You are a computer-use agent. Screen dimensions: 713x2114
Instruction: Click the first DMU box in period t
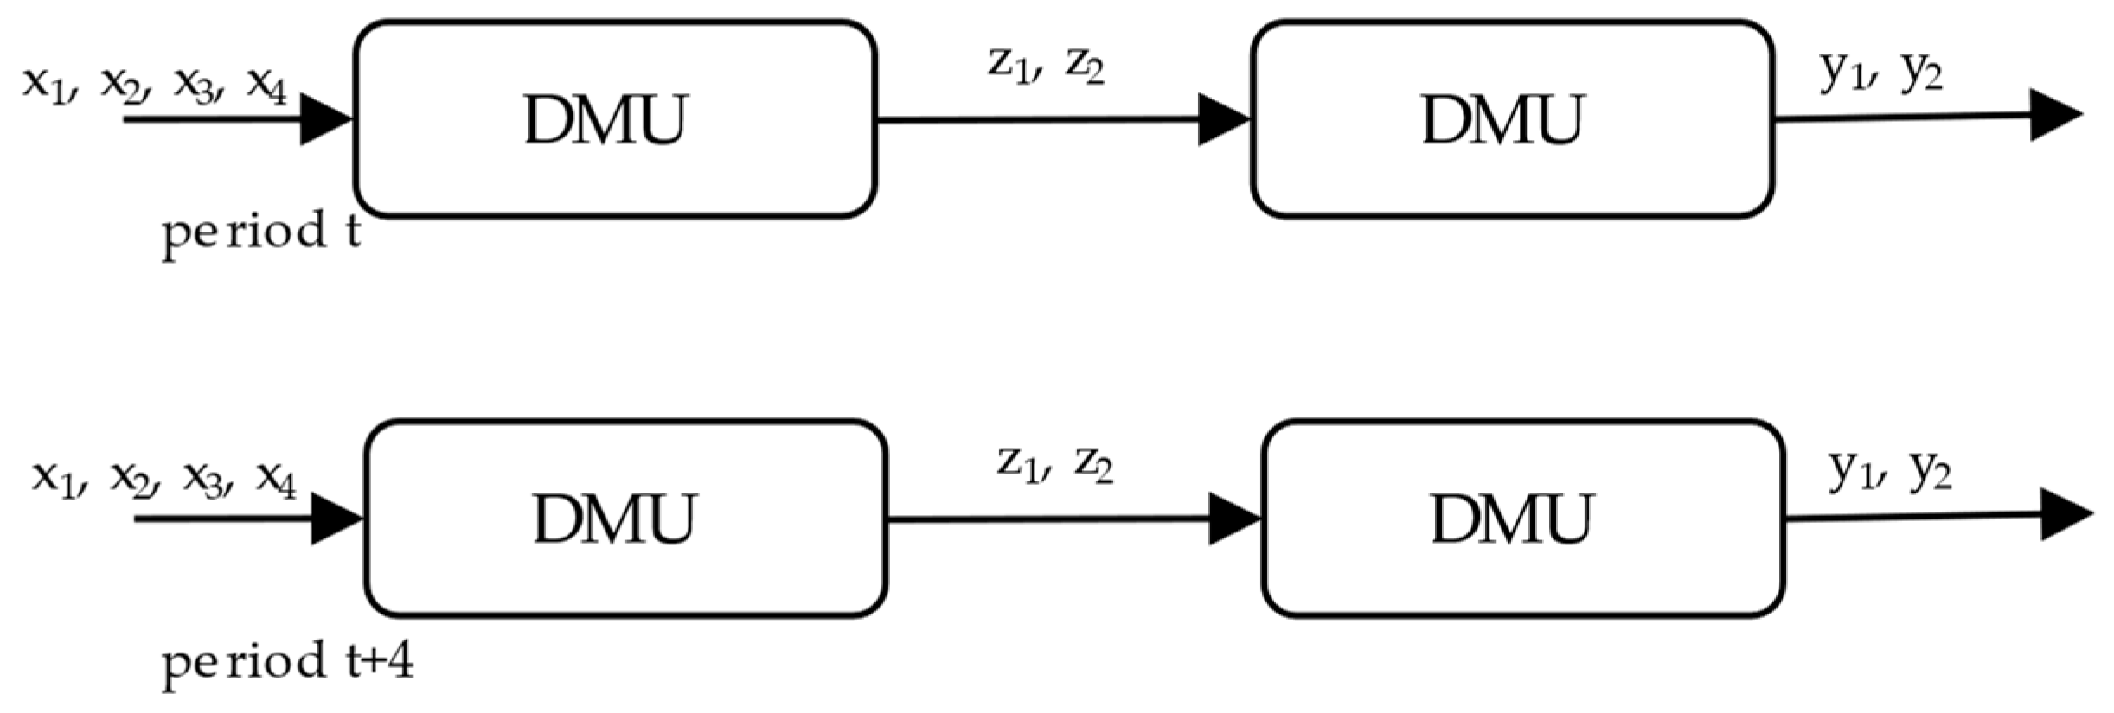[x=615, y=119]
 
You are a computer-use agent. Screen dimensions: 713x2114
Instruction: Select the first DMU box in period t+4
[x=625, y=519]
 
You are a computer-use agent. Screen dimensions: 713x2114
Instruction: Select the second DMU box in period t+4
[x=1522, y=519]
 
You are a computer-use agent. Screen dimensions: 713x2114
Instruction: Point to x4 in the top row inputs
[x=266, y=85]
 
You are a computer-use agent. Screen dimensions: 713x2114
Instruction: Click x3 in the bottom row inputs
[x=202, y=479]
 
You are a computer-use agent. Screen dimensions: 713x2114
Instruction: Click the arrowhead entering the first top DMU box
[x=327, y=119]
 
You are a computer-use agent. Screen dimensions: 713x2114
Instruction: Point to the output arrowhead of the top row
[x=2053, y=115]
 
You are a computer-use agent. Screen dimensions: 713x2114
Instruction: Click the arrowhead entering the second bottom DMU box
[x=1234, y=519]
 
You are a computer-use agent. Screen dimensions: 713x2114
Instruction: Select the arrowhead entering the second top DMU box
[x=1224, y=119]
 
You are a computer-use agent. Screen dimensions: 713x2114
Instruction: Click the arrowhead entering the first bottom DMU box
[x=336, y=519]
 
